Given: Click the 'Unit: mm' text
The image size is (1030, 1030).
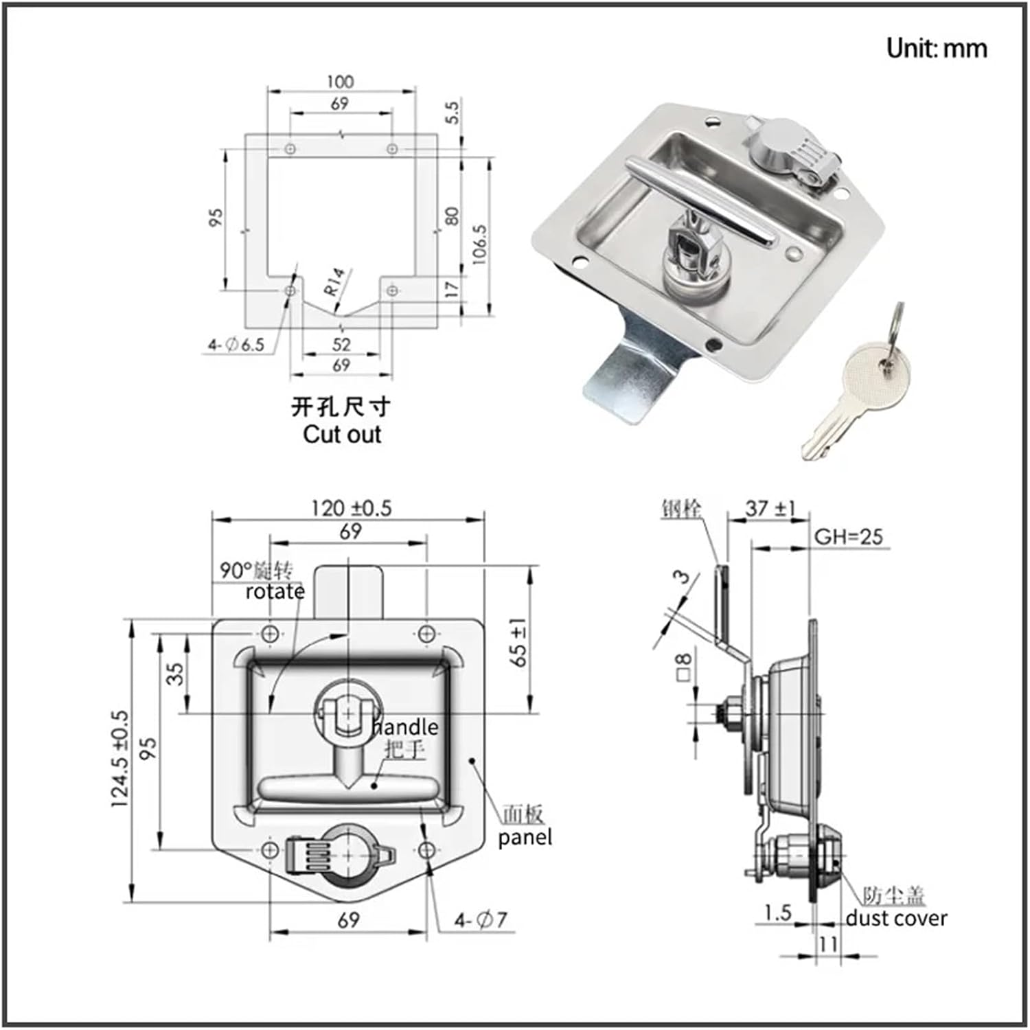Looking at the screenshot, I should [x=936, y=49].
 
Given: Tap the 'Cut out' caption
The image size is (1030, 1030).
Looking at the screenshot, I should [x=341, y=435].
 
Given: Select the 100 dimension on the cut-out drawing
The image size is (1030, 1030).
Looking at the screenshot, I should [x=340, y=82].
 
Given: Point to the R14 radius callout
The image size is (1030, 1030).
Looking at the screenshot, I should [x=335, y=282].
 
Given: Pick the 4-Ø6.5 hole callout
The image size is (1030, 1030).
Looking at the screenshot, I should [x=236, y=345].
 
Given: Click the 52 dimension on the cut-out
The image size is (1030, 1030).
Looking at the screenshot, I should [x=341, y=344].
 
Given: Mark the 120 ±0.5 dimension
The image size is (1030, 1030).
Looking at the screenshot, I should [x=351, y=508].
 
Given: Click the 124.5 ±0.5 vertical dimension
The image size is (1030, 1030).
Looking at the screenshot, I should [x=119, y=759].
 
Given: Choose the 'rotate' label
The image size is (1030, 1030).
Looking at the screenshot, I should [x=275, y=592].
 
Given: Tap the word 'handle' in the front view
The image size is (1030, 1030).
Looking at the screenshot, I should [x=405, y=726].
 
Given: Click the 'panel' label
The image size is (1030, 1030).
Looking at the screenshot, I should [x=525, y=838].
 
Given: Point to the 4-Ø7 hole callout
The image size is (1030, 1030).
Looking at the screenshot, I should [x=480, y=920].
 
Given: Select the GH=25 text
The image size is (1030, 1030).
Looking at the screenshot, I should [x=848, y=537].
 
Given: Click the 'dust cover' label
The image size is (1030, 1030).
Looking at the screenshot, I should [x=896, y=918].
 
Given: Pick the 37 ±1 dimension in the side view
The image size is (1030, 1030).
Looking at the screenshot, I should [x=770, y=509].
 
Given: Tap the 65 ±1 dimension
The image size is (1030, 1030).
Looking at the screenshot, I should [x=519, y=642].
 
